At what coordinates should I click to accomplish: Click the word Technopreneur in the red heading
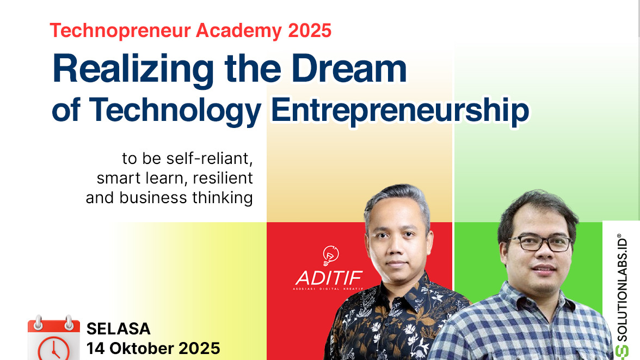pos(120,31)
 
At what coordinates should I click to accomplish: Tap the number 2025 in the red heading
pos(310,30)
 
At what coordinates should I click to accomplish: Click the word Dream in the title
pos(349,68)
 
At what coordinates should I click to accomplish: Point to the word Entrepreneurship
pos(400,111)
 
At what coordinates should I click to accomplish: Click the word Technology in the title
pos(175,111)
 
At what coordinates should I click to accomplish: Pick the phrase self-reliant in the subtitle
pos(210,158)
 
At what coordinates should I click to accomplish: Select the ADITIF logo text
pos(329,278)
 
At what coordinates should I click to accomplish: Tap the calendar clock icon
pos(54,338)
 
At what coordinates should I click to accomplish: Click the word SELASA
pos(119,329)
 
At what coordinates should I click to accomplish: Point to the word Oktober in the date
pos(141,349)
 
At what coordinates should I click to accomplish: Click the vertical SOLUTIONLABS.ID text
pos(622,288)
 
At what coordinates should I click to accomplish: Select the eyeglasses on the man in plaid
pos(540,243)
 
